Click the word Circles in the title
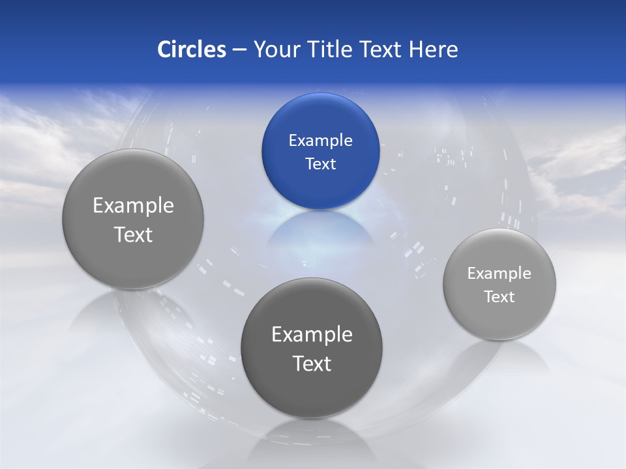click(192, 50)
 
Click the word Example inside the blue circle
click(320, 141)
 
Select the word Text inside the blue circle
click(320, 163)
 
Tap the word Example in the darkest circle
click(312, 335)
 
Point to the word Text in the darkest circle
click(312, 363)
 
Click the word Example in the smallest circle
click(499, 274)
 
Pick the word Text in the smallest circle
click(499, 297)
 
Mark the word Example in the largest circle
click(133, 206)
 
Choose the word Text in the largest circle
click(133, 234)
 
